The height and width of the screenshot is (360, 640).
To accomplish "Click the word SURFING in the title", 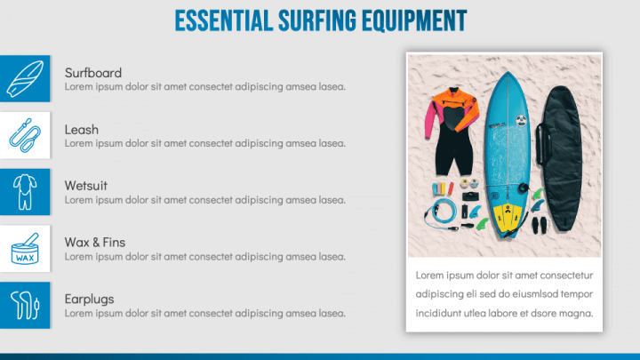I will click(x=312, y=20).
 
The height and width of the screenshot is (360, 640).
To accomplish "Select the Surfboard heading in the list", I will click(x=93, y=72).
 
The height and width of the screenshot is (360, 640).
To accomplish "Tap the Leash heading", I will click(x=82, y=129).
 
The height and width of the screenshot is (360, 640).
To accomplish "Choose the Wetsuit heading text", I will click(x=86, y=186).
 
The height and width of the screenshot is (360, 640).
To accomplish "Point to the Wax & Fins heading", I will click(x=95, y=242).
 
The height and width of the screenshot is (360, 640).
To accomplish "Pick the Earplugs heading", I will click(x=89, y=299).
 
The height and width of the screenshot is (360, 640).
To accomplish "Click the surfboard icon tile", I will click(x=24, y=77).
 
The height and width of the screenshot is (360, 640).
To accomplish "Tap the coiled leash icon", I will click(x=24, y=134).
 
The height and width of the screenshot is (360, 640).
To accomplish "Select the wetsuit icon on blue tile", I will click(x=24, y=191).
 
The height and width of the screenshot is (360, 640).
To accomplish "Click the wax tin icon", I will click(x=24, y=248).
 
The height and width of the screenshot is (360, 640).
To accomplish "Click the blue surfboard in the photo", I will click(x=507, y=133).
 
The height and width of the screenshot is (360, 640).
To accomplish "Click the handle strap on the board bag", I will click(x=540, y=142).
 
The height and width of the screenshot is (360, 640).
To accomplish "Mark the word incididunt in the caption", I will click(x=443, y=313).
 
